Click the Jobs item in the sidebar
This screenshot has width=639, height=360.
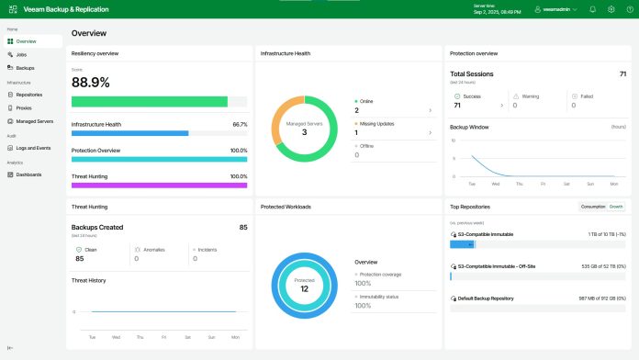click(x=21, y=55)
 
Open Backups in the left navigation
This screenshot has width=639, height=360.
click(x=25, y=68)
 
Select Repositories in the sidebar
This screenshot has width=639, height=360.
click(x=29, y=95)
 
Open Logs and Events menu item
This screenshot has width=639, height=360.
click(x=33, y=147)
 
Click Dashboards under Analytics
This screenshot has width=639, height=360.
click(x=28, y=174)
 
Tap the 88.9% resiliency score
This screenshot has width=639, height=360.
click(x=91, y=82)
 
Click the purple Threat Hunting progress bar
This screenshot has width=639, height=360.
click(x=159, y=185)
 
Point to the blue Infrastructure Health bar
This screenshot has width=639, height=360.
click(x=129, y=133)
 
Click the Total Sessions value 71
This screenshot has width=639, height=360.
click(x=623, y=73)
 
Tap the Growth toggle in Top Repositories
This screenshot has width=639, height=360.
click(x=616, y=207)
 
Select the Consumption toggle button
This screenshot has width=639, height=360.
click(x=592, y=207)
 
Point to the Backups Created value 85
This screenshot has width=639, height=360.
click(x=242, y=227)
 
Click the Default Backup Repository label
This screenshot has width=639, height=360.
click(x=487, y=298)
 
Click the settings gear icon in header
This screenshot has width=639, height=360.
click(x=611, y=9)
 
